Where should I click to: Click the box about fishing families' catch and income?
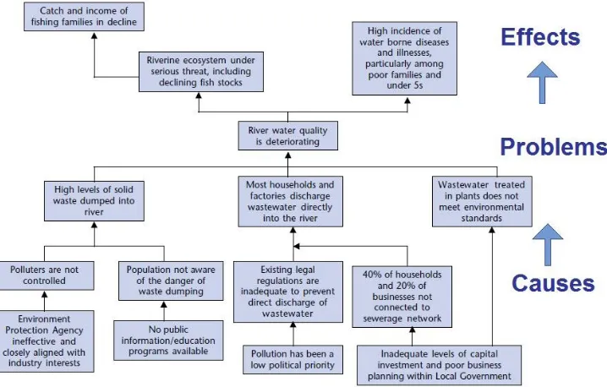click(84, 16)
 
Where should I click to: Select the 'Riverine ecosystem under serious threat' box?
click(201, 72)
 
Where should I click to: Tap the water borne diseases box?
click(405, 58)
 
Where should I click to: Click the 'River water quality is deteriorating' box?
click(288, 136)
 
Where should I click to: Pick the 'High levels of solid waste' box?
click(94, 201)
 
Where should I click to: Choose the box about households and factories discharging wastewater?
click(290, 202)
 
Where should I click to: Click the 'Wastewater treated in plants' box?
click(482, 202)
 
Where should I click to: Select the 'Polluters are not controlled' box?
click(46, 275)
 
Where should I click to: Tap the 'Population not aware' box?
click(171, 281)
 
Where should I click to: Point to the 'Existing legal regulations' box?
click(288, 292)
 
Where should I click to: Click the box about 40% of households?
click(402, 297)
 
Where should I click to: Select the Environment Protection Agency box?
click(46, 341)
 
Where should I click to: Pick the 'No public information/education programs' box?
click(168, 341)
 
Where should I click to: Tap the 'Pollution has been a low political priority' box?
click(293, 359)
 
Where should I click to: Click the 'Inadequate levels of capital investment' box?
click(439, 365)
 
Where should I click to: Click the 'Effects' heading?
click(540, 37)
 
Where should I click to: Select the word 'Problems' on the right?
click(554, 147)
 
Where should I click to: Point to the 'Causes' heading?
click(553, 283)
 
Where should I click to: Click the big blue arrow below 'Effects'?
click(543, 83)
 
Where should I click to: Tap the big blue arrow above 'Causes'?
click(548, 244)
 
